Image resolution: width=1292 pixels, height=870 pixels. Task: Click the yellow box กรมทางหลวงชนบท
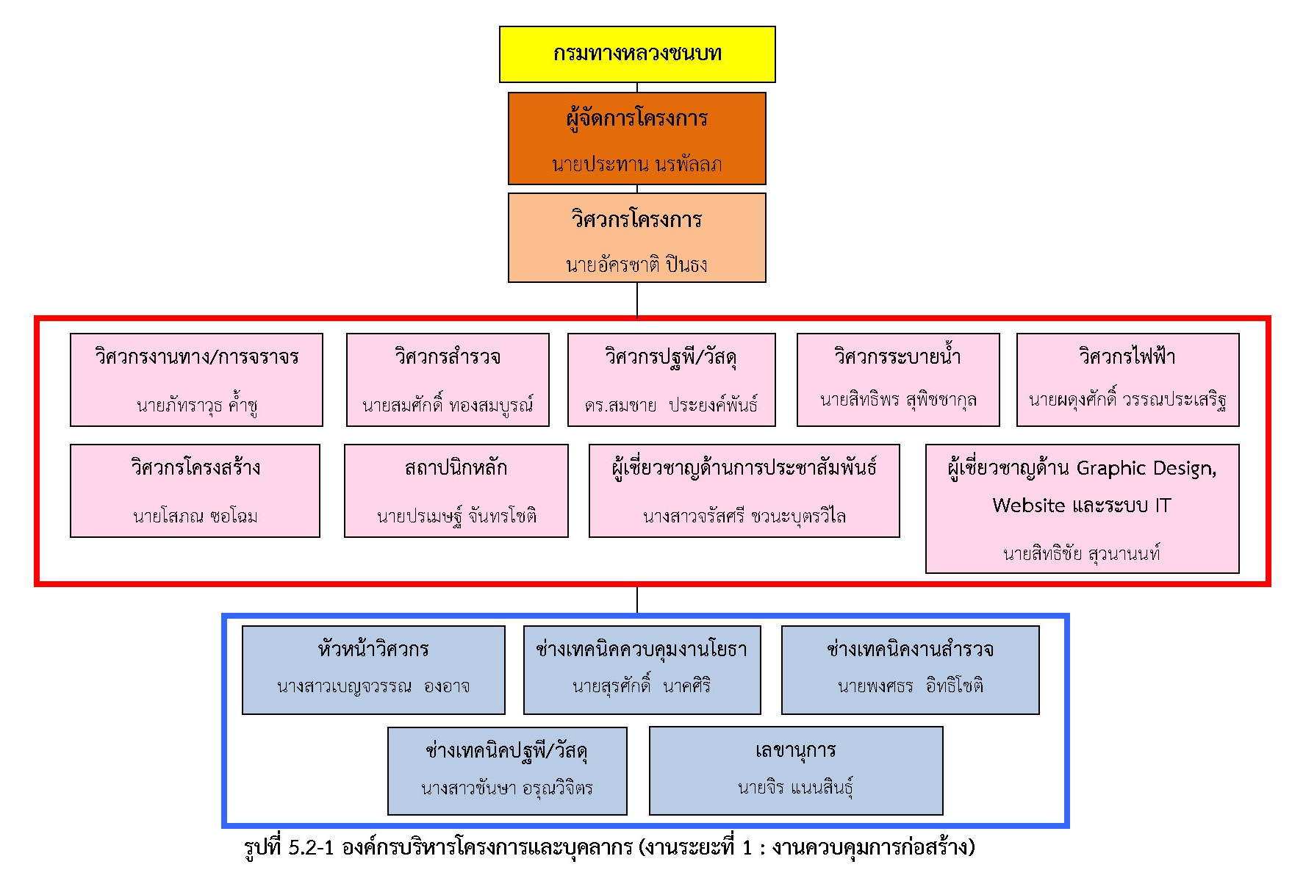(637, 54)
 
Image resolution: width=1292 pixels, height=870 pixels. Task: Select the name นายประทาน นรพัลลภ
(636, 164)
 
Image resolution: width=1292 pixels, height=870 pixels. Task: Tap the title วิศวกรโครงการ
(636, 219)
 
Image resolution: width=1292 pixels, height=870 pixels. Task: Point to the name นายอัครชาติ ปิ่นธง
(636, 264)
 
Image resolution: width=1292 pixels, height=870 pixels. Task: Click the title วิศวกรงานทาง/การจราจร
(196, 357)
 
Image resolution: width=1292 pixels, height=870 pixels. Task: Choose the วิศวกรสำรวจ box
(448, 379)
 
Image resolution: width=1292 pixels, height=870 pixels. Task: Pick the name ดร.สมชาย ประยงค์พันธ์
(671, 404)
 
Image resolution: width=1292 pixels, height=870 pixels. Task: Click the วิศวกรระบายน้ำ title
(897, 357)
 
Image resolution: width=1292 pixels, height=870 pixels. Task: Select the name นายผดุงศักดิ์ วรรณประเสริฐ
(1127, 400)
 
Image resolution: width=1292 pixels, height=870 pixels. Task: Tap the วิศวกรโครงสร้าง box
(195, 490)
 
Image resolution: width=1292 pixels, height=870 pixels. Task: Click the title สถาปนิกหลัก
(456, 468)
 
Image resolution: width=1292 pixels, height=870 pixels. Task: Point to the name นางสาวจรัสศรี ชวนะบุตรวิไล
(744, 516)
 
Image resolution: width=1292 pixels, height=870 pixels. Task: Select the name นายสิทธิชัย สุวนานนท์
(1082, 553)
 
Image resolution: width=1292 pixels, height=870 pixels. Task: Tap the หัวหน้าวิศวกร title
(373, 650)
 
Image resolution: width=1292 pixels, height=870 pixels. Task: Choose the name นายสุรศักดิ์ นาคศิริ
(642, 686)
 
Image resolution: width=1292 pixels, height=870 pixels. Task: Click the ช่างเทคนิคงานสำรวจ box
(910, 669)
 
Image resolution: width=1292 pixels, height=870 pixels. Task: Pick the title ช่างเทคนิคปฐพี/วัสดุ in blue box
(506, 751)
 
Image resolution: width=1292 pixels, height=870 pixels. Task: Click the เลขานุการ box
(796, 770)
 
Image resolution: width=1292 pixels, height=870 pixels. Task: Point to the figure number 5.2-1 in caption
(312, 847)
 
